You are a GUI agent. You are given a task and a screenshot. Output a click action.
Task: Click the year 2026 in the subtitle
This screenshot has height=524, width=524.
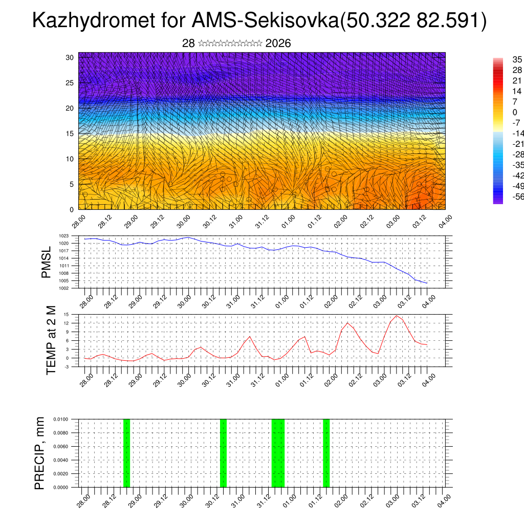[x=278, y=43]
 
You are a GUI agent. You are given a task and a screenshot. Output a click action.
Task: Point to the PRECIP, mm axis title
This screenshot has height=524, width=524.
[x=39, y=453]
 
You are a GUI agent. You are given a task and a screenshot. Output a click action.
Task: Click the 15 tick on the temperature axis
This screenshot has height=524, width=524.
[x=67, y=314]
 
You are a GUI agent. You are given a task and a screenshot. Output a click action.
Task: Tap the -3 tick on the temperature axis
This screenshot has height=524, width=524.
[x=67, y=366]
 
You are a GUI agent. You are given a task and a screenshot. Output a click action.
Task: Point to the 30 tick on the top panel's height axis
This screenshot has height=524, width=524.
[x=70, y=57]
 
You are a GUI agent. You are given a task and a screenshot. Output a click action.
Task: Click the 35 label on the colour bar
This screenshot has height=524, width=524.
[x=517, y=60]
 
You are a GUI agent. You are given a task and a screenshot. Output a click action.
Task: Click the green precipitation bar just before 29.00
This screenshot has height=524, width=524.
[x=126, y=453]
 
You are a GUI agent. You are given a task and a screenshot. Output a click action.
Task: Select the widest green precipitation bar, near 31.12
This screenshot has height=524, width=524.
[x=278, y=453]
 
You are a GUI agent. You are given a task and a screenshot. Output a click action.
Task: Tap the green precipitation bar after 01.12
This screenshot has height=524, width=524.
[x=326, y=453]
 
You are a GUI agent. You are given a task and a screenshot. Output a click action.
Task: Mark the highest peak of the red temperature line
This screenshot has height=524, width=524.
[x=397, y=316]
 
